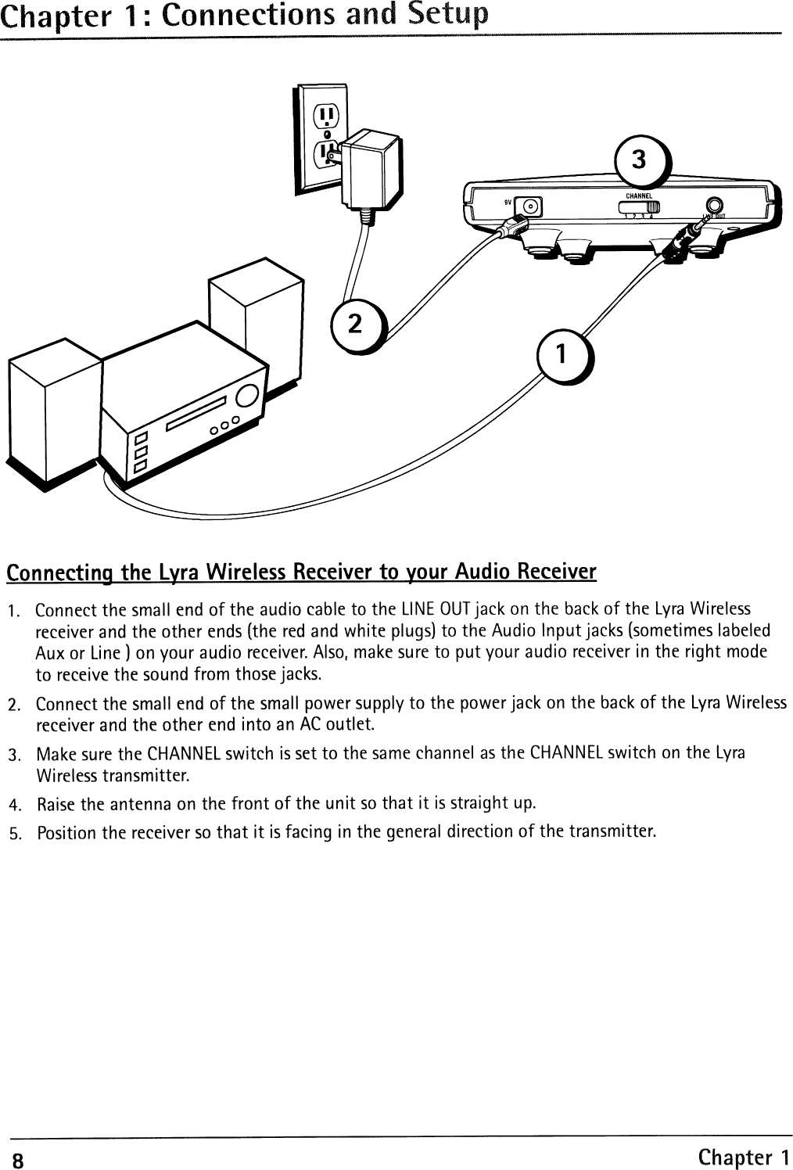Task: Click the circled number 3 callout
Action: (639, 160)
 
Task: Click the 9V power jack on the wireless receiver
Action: (532, 207)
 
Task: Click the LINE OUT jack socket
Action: (713, 206)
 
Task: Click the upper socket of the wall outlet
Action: (325, 120)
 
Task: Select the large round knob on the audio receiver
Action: (247, 397)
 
